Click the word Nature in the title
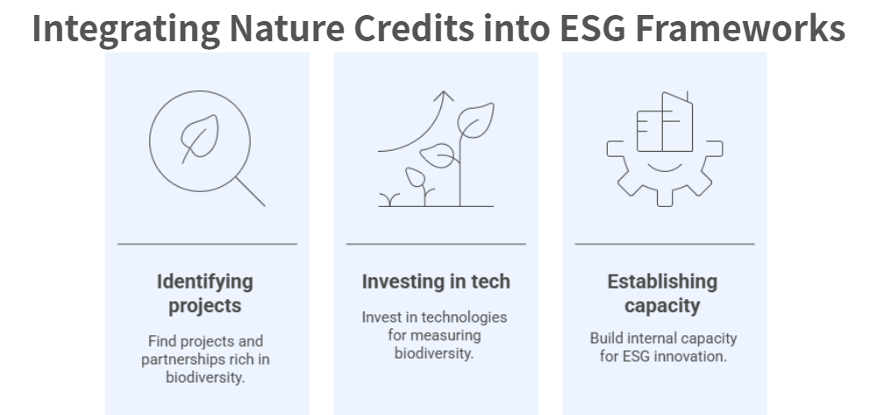point(287,28)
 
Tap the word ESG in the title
point(593,28)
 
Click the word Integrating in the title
point(125,29)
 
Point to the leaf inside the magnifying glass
point(200,138)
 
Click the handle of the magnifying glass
point(251,192)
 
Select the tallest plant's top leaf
point(475,119)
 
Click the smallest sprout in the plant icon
point(389,200)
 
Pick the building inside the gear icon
point(665,122)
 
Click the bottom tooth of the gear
point(665,198)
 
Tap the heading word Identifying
point(204,282)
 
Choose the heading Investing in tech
point(436,282)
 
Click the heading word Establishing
point(662,282)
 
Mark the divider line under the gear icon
point(665,244)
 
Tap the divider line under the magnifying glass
point(207,244)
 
